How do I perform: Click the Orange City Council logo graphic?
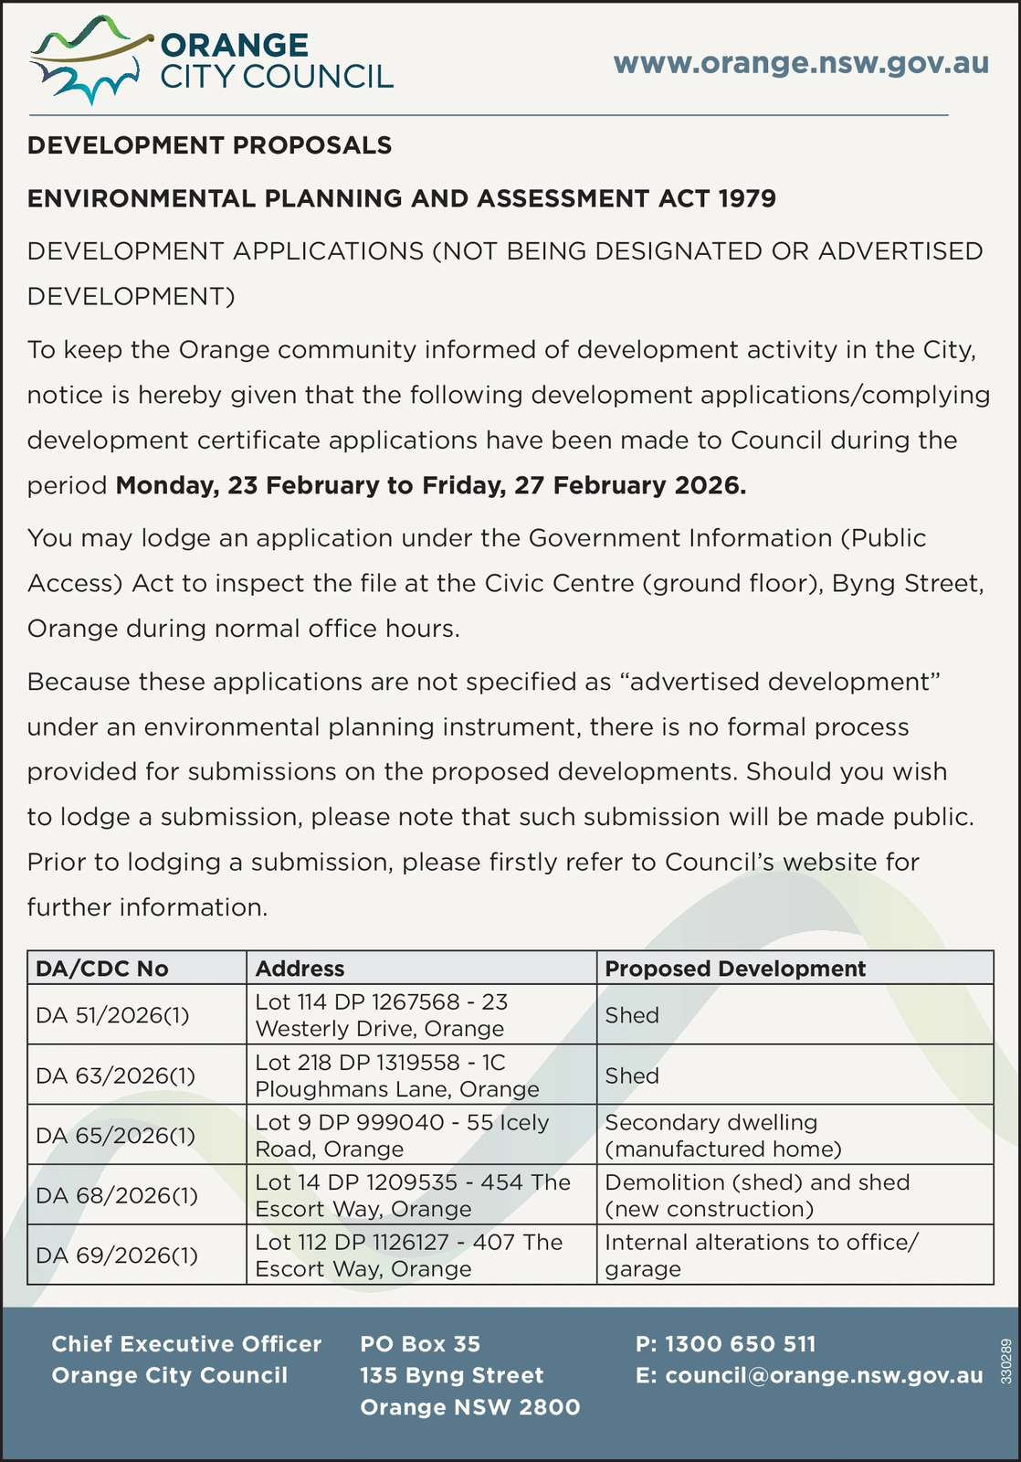click(x=88, y=60)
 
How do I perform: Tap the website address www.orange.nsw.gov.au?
click(x=801, y=63)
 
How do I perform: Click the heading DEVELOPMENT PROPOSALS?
click(x=209, y=145)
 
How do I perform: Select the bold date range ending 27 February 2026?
click(x=431, y=485)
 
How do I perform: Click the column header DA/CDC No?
click(x=101, y=969)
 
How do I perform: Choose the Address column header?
click(x=300, y=969)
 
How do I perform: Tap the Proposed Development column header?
click(x=735, y=969)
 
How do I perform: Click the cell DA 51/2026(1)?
click(x=112, y=1015)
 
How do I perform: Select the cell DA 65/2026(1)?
click(x=115, y=1135)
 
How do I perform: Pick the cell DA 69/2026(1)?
click(x=116, y=1255)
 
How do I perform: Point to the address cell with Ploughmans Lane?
click(x=397, y=1075)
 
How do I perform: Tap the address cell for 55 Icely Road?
click(x=402, y=1135)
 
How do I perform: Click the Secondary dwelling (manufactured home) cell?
click(x=723, y=1135)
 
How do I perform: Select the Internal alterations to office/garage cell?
click(x=762, y=1255)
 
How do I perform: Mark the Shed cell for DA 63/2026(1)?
click(x=632, y=1075)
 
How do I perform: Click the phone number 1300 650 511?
click(x=726, y=1344)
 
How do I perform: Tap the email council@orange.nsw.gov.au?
click(x=809, y=1375)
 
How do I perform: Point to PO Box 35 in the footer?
click(x=420, y=1344)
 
